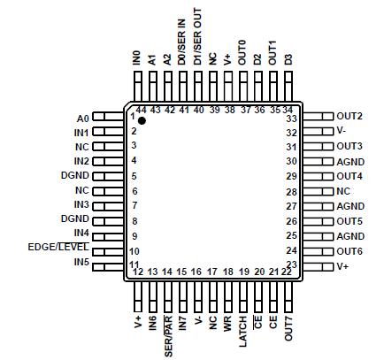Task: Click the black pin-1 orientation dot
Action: (142, 119)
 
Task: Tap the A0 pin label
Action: (82, 118)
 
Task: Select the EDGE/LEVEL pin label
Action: (58, 248)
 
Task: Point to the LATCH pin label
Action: (242, 325)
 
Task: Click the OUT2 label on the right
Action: (349, 117)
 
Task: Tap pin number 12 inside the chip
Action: (138, 272)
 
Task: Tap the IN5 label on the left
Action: (81, 263)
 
